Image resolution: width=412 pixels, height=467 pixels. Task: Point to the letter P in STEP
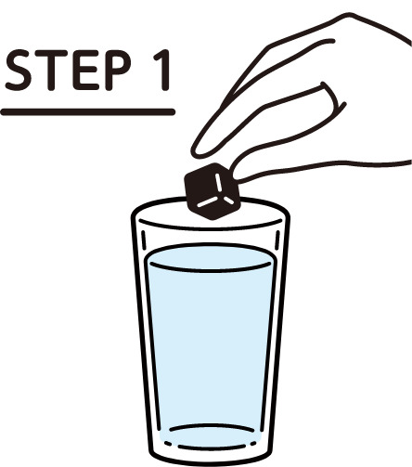(x=118, y=70)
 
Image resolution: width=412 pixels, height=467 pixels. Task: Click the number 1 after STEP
(x=163, y=70)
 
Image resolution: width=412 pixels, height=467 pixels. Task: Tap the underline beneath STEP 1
(x=88, y=111)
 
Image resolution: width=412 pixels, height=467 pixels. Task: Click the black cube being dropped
(x=212, y=191)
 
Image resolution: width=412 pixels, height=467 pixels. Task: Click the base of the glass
(x=212, y=455)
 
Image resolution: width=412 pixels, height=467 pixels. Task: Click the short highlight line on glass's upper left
(x=144, y=240)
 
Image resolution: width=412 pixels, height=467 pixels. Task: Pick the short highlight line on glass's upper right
(x=277, y=240)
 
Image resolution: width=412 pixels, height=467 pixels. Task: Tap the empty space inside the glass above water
(x=211, y=237)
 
